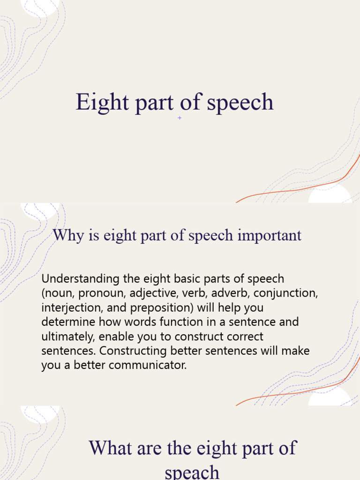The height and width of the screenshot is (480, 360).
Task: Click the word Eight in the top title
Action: pos(95,103)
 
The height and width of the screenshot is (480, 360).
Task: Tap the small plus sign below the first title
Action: pos(180,118)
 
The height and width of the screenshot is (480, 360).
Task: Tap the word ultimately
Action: pos(68,337)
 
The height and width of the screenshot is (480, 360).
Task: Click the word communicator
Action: pos(148,366)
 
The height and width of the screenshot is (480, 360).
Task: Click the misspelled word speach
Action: pos(192,471)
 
